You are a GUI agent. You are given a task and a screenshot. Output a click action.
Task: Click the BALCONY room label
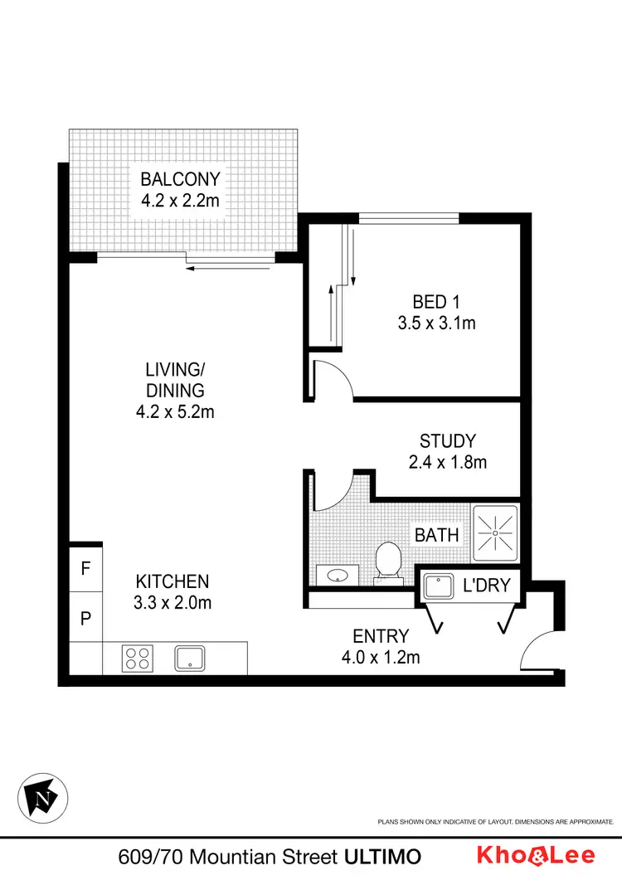pyautogui.click(x=180, y=179)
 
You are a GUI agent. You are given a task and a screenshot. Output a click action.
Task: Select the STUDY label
pyautogui.click(x=448, y=440)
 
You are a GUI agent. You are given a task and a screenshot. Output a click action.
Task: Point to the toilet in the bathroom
pyautogui.click(x=387, y=562)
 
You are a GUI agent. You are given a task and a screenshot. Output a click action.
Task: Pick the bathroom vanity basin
pyautogui.click(x=337, y=574)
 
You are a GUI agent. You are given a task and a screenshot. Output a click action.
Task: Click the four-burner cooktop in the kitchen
pyautogui.click(x=137, y=659)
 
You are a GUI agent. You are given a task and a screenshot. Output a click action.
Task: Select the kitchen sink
pyautogui.click(x=190, y=659)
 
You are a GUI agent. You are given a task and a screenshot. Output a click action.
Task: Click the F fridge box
pyautogui.click(x=85, y=569)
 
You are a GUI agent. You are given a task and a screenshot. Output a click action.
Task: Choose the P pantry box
pyautogui.click(x=85, y=618)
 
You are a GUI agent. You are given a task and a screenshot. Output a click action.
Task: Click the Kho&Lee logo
pyautogui.click(x=544, y=855)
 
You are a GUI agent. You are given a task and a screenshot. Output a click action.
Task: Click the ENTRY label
pyautogui.click(x=381, y=636)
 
